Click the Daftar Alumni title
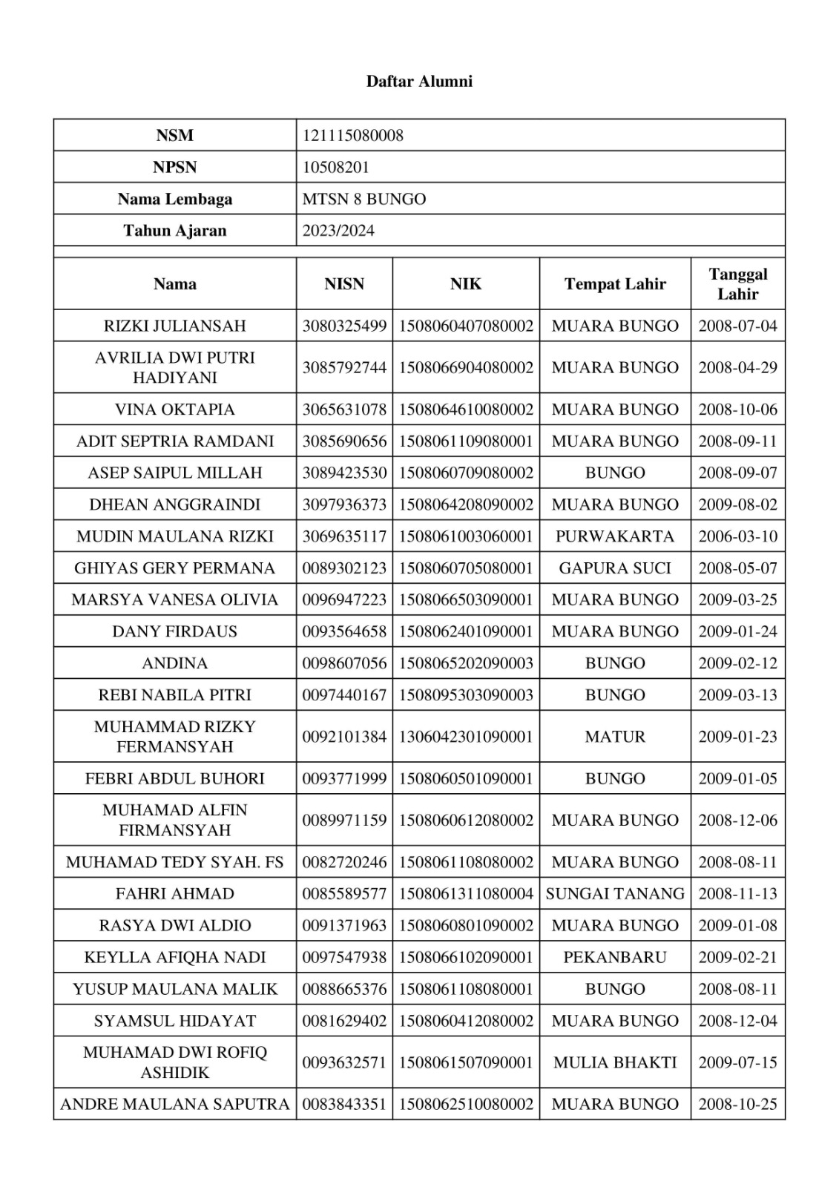[x=419, y=82]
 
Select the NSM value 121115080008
[x=353, y=136]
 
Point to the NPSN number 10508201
[x=335, y=168]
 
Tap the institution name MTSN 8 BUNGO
[x=364, y=200]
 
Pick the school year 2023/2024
[x=338, y=231]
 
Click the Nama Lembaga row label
[x=175, y=200]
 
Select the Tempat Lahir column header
[x=615, y=284]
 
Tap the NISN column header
[x=344, y=284]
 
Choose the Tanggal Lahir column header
[x=737, y=284]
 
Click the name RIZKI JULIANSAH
[x=175, y=326]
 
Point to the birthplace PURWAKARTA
[x=615, y=536]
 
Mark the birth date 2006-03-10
[x=737, y=536]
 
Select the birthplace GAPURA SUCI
[x=615, y=568]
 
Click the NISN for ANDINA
[x=344, y=663]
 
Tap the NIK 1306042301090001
[x=466, y=737]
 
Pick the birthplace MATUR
[x=615, y=737]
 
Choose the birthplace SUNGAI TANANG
[x=615, y=894]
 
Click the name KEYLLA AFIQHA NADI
[x=175, y=958]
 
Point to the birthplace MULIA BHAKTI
[x=615, y=1062]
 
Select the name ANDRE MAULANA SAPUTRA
[x=175, y=1105]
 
